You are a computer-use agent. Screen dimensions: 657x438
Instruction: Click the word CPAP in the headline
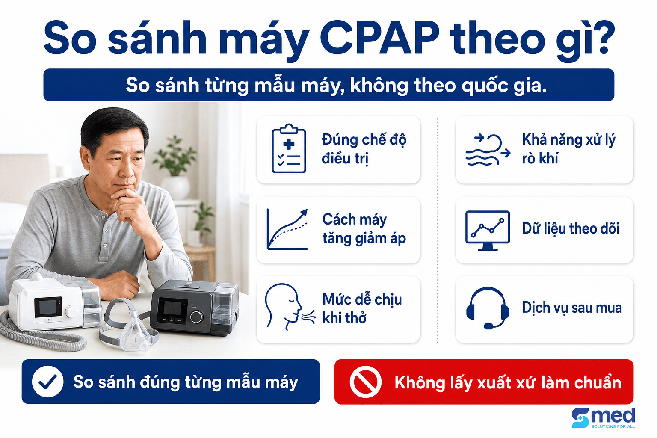point(379,38)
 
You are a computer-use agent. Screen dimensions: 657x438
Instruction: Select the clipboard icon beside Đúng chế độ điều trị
point(289,148)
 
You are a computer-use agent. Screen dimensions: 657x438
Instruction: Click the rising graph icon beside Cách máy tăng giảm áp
point(287,229)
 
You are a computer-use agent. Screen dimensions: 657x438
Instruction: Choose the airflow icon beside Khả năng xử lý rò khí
point(488,150)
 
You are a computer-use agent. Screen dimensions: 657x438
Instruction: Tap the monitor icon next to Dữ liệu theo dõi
point(488,231)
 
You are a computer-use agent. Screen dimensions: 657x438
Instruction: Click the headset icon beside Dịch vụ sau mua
point(488,308)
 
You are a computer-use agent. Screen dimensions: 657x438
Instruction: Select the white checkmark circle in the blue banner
point(47,382)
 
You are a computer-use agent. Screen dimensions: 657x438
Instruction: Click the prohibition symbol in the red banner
point(365,382)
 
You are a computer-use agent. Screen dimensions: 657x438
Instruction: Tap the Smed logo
point(604,418)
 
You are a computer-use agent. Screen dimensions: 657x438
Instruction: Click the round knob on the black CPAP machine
point(196,317)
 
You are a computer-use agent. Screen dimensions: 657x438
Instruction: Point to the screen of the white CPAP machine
point(48,307)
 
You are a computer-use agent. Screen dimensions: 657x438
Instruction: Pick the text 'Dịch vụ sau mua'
point(571,308)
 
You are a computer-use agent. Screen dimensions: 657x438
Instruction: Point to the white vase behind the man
point(175,187)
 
